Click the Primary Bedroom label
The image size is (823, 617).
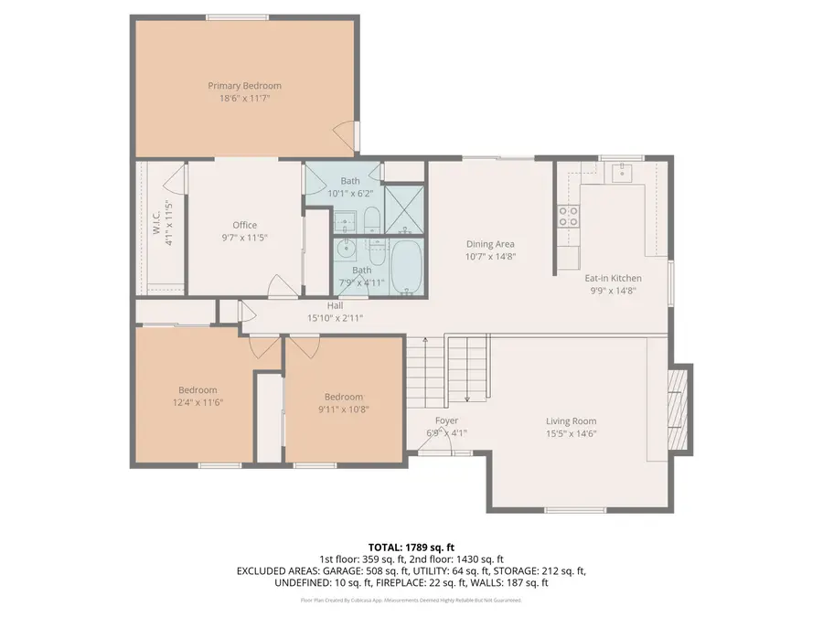coord(244,86)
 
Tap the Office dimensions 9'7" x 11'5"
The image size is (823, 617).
coord(244,237)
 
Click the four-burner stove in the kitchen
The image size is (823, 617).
coord(568,216)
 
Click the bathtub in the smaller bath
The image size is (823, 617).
coord(407,266)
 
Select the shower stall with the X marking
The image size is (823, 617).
coord(403,208)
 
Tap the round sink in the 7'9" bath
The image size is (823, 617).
coord(346,248)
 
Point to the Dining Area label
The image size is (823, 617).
coord(490,244)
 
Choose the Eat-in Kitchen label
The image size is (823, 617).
coord(613,278)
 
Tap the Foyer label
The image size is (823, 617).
coord(446,421)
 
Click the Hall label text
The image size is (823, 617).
coord(336,306)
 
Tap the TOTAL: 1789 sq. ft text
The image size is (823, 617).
coord(411,546)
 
